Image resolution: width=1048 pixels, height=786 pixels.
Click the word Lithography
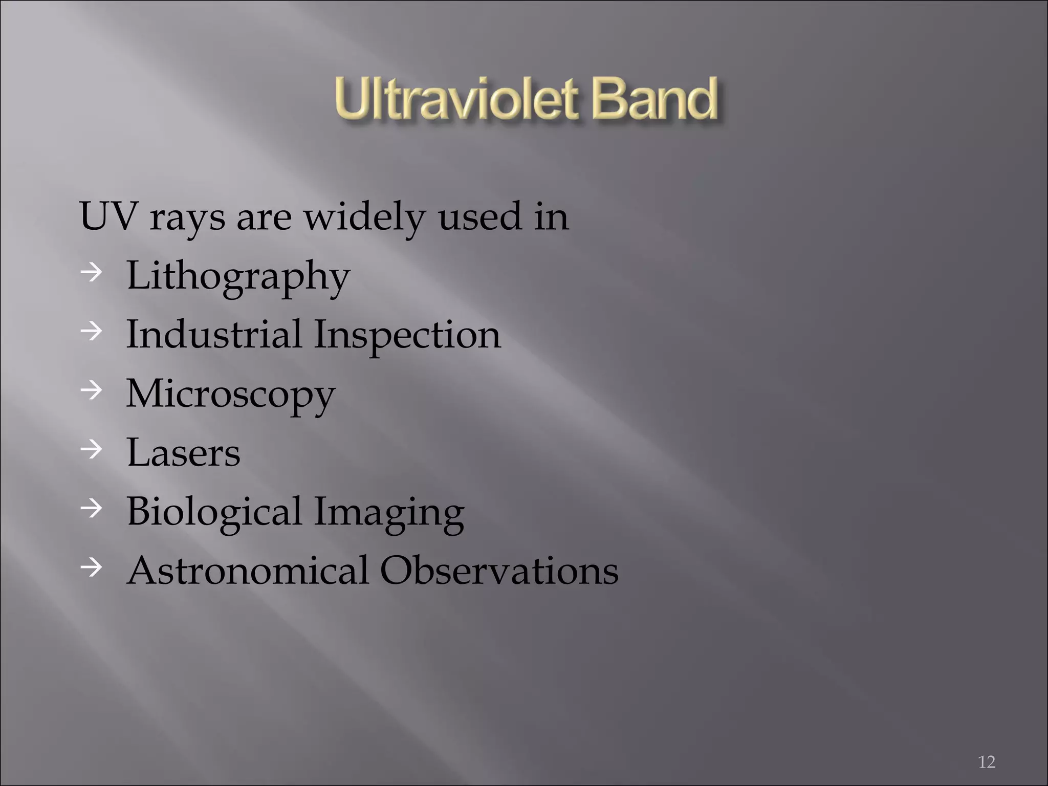click(238, 277)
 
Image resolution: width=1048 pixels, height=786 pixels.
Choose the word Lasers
click(183, 452)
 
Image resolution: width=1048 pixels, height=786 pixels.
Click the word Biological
click(214, 512)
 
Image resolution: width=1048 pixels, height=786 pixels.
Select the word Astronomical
click(248, 570)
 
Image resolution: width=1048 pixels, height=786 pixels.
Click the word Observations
click(499, 570)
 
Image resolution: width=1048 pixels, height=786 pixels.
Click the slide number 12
click(986, 762)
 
